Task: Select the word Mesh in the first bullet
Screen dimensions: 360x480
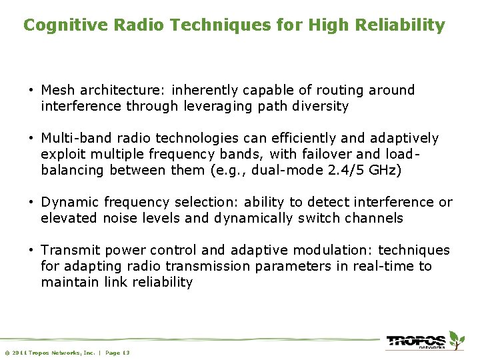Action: click(57, 90)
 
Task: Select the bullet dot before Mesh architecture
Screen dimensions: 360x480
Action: click(31, 91)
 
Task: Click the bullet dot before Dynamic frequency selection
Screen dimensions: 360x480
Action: click(31, 203)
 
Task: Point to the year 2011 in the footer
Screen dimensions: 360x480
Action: click(18, 352)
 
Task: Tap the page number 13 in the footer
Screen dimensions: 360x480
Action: click(126, 352)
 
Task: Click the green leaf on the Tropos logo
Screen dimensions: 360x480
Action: click(455, 337)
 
